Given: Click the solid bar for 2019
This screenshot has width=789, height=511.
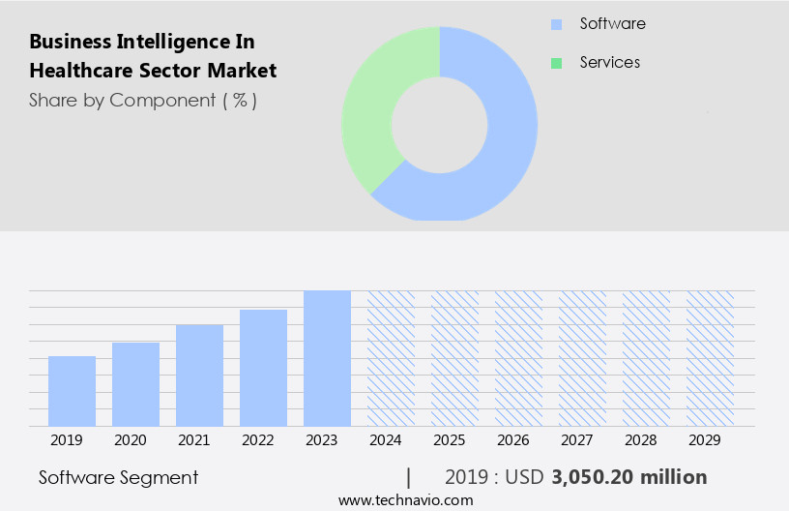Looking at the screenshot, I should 72,391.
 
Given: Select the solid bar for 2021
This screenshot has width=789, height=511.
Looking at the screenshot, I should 199,376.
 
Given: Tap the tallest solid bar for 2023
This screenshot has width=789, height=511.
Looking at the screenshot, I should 327,358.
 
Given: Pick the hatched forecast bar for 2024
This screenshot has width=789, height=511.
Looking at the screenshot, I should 391,358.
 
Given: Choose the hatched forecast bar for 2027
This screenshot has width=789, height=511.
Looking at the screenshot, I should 582,358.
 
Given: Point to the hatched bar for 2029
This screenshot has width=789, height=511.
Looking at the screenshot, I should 710,358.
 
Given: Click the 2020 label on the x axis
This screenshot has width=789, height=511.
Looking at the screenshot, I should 131,440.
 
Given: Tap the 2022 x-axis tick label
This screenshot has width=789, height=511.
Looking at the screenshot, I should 258,440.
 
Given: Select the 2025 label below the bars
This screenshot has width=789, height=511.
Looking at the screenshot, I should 450,440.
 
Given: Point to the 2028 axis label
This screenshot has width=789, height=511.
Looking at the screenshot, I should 641,440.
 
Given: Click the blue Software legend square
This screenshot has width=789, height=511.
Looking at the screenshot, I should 556,24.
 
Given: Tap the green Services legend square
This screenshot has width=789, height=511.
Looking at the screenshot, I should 556,63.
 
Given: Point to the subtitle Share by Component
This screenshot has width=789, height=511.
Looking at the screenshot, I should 142,100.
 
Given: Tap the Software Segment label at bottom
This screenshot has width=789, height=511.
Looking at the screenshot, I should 118,477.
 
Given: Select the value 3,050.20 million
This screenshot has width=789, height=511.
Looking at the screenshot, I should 629,477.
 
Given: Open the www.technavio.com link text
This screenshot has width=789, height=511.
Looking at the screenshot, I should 405,499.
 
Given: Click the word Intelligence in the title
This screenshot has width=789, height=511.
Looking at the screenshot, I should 164,42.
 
